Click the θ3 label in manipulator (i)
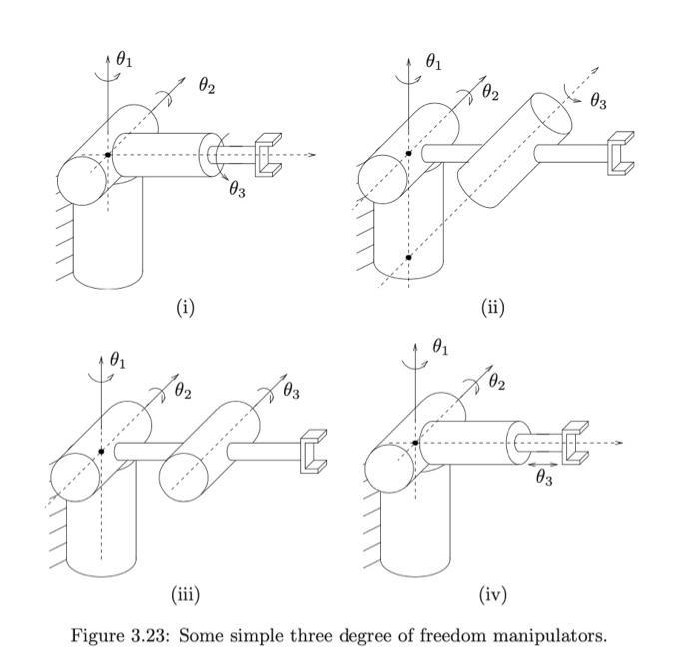(x=237, y=190)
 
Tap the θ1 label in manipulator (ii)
(x=434, y=62)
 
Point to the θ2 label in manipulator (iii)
(x=183, y=390)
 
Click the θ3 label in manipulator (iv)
(x=544, y=478)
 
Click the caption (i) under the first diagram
(x=185, y=307)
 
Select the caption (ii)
(x=493, y=307)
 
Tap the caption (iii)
(x=185, y=595)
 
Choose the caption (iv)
(x=493, y=595)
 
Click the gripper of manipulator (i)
(x=267, y=156)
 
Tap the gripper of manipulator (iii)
(x=313, y=452)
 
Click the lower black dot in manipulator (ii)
(x=408, y=257)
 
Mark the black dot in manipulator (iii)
(x=101, y=452)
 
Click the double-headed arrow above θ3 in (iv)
(x=544, y=464)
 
